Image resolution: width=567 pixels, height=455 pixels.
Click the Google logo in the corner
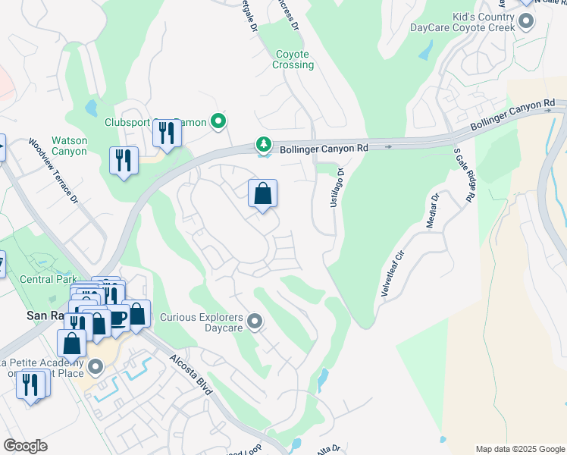click(26, 446)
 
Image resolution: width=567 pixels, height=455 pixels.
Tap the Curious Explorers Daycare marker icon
click(255, 323)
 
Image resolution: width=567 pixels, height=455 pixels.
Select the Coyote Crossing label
click(293, 59)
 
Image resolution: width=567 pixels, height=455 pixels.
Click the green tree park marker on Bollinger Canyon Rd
click(263, 143)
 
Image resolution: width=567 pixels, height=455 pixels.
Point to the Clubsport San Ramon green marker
click(219, 121)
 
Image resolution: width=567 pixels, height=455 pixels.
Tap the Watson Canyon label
click(69, 146)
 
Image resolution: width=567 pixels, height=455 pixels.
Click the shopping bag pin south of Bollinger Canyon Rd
click(262, 194)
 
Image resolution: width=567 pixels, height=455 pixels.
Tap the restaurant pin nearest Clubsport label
click(167, 134)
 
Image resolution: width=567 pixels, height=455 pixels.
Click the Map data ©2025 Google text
click(519, 449)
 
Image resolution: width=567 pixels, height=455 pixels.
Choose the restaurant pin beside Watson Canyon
click(124, 161)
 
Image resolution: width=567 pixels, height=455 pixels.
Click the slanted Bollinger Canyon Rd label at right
click(512, 115)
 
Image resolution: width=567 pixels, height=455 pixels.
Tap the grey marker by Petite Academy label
click(95, 368)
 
